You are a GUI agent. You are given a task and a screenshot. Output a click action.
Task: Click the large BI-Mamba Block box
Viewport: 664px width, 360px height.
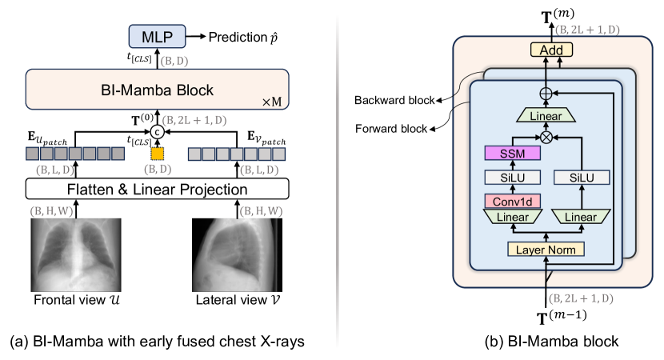click(x=157, y=90)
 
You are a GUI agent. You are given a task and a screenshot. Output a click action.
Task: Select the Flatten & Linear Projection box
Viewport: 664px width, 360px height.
click(x=157, y=190)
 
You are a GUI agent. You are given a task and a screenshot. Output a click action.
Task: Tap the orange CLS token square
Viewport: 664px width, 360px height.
click(x=158, y=153)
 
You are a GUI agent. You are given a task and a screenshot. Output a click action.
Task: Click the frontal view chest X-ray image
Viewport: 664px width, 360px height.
click(x=75, y=254)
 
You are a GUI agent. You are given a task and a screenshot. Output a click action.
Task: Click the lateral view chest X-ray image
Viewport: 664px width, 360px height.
click(x=238, y=254)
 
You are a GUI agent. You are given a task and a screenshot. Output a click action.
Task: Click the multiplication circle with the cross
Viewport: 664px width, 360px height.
click(x=548, y=138)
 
